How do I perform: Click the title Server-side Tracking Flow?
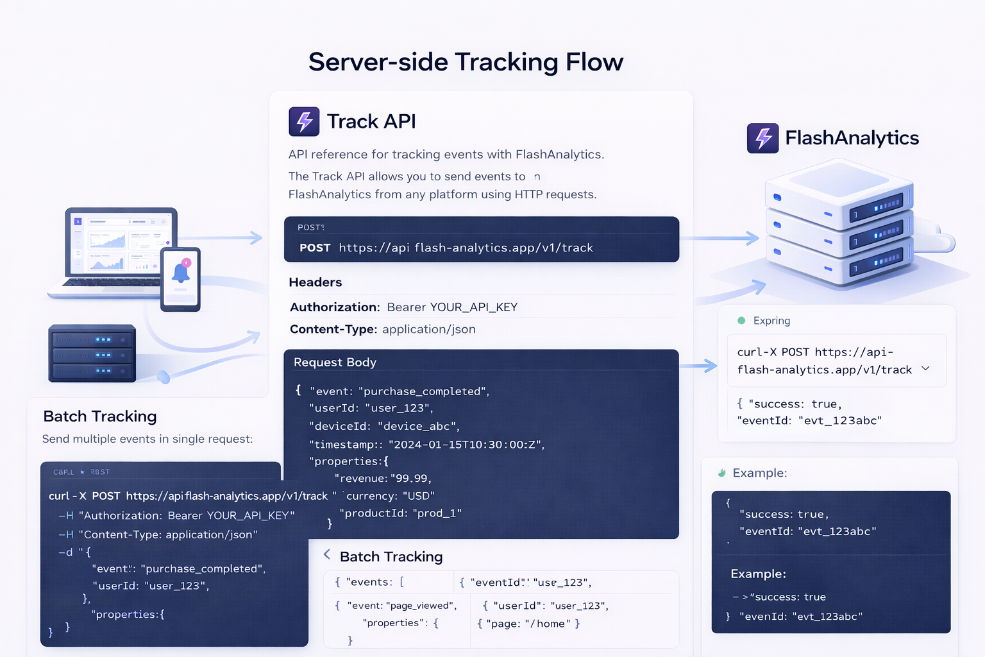(466, 62)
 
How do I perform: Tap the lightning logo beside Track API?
(304, 121)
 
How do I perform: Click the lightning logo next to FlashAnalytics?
(762, 138)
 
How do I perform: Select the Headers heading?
(315, 282)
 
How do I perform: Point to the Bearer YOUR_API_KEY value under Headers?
(452, 307)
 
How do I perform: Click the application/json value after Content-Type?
(428, 329)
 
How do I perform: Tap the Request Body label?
(335, 363)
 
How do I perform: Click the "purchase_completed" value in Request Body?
(424, 391)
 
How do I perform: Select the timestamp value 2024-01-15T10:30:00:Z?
(466, 445)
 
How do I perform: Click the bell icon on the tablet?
(181, 273)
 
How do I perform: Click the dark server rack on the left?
(92, 354)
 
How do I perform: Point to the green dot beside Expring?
(741, 320)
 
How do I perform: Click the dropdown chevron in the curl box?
(925, 369)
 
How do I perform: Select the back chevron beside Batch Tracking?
(327, 554)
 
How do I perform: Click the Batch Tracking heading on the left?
(100, 416)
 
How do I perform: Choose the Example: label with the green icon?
(759, 473)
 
